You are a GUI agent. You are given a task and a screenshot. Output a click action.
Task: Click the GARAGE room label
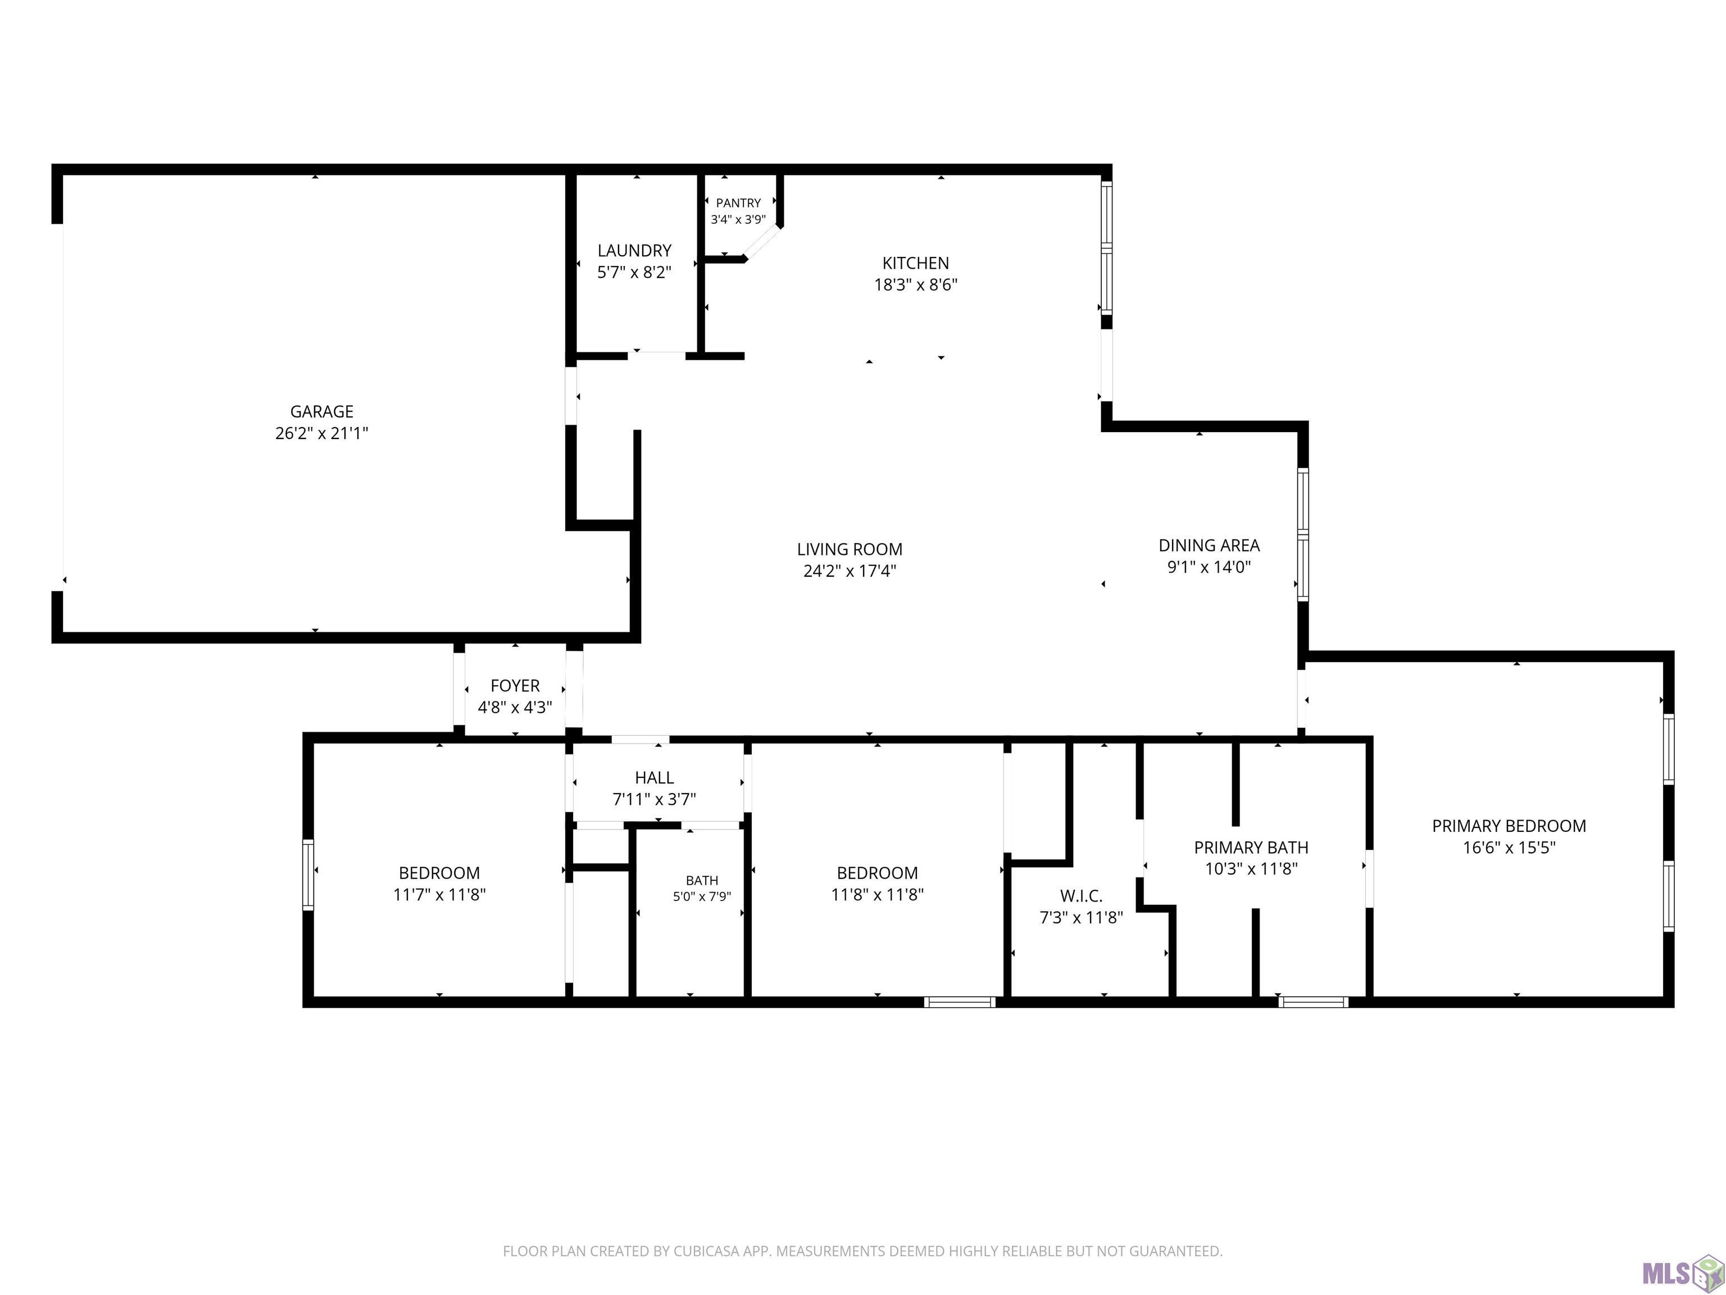321,411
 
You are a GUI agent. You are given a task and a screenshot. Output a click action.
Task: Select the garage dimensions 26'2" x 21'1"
321,433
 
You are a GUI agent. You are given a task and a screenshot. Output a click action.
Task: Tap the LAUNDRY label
634,251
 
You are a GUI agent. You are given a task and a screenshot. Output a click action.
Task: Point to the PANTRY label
738,203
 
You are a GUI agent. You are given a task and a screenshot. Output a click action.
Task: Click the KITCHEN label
915,263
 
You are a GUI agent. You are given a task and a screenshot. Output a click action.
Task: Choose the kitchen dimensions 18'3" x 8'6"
915,285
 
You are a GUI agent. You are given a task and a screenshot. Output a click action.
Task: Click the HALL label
654,777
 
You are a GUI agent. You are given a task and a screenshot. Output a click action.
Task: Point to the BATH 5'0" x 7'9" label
702,888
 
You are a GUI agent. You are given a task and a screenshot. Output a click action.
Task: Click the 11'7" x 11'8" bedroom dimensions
439,895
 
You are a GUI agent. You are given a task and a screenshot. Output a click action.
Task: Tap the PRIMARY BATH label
1251,848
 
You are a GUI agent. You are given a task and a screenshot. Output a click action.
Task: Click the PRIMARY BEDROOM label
1509,826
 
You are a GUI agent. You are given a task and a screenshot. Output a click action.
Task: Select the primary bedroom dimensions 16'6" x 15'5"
1509,848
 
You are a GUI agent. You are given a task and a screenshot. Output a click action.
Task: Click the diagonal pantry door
761,243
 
